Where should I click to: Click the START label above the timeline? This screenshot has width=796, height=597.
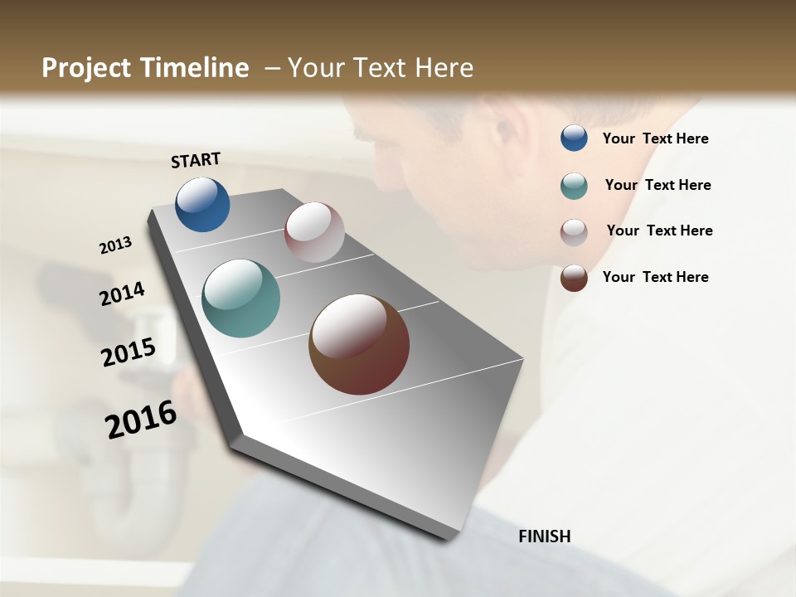(196, 160)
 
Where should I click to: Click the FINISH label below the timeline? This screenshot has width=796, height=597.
(545, 536)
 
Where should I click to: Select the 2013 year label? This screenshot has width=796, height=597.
(116, 245)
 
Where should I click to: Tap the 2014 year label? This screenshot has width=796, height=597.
(123, 294)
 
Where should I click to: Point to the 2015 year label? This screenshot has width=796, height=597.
(129, 352)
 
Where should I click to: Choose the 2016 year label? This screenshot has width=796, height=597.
(141, 420)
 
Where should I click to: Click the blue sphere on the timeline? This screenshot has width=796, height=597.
(202, 205)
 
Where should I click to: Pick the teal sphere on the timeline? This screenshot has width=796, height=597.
(240, 298)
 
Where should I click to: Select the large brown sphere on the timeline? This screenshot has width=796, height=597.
(359, 344)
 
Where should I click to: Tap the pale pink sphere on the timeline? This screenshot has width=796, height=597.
(314, 232)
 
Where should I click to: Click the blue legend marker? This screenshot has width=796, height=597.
(574, 138)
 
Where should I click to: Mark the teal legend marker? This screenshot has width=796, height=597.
(574, 186)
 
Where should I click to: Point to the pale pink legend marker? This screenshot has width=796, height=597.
(574, 232)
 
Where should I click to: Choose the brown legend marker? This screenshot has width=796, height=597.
(574, 278)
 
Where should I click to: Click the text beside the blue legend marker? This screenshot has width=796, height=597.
(655, 139)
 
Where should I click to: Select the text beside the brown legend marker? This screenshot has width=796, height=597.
(655, 277)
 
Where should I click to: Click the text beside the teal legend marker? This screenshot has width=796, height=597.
(658, 185)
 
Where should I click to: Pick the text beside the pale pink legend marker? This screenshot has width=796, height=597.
(659, 231)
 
